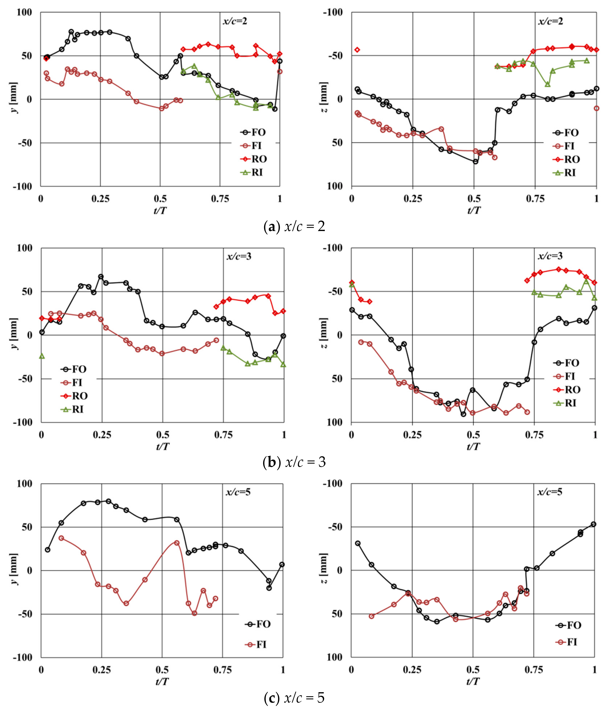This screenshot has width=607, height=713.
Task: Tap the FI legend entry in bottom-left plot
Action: pyautogui.click(x=256, y=644)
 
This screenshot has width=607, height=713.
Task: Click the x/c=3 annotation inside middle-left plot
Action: pyautogui.click(x=239, y=256)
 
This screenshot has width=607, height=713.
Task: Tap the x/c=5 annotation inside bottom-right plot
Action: pyautogui.click(x=550, y=492)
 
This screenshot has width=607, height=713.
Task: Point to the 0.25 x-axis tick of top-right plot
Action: pyautogui.click(x=413, y=199)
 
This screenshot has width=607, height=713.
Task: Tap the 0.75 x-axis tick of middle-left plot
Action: pyautogui.click(x=223, y=435)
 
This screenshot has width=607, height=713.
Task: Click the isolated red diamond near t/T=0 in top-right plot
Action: pyautogui.click(x=357, y=50)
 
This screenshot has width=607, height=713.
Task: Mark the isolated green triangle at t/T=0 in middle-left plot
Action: pyautogui.click(x=42, y=356)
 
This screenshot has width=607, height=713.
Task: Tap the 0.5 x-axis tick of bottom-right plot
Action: pyautogui.click(x=473, y=670)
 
